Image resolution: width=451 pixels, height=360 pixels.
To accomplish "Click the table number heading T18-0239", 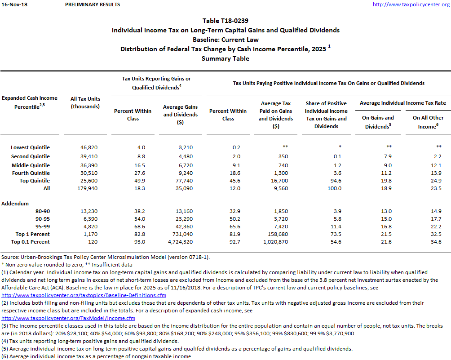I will coord(225,21).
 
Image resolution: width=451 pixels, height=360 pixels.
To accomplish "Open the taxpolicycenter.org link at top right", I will coord(411,4).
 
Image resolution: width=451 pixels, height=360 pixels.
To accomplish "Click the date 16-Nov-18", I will coord(12,4).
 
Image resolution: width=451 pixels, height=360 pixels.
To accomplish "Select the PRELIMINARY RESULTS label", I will coord(93,4).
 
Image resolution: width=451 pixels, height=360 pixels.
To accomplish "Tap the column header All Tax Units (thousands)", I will coord(85,102).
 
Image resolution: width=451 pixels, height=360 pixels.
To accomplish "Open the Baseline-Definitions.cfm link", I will coord(84,295).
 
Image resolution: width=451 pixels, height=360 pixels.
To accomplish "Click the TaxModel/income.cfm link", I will coord(68,318).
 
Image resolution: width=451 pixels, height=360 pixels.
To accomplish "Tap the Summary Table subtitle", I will coord(225,58).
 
